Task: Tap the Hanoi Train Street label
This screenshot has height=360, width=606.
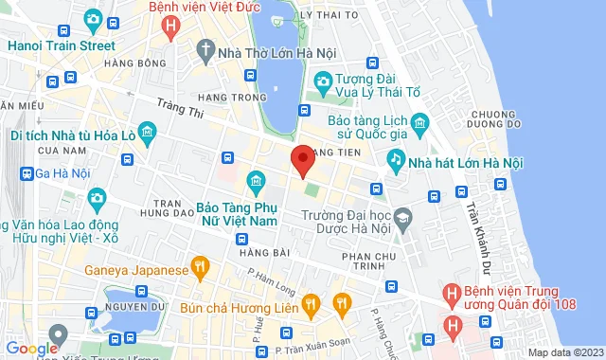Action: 61,45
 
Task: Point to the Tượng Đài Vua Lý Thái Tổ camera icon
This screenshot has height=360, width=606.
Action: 322,82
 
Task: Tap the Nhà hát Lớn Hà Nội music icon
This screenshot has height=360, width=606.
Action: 396,163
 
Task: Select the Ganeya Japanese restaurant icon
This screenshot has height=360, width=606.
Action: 199,269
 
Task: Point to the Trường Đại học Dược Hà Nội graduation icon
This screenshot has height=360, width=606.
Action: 403,219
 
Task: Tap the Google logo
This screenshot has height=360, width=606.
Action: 32,349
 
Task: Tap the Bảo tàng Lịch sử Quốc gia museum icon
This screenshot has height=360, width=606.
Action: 420,120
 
